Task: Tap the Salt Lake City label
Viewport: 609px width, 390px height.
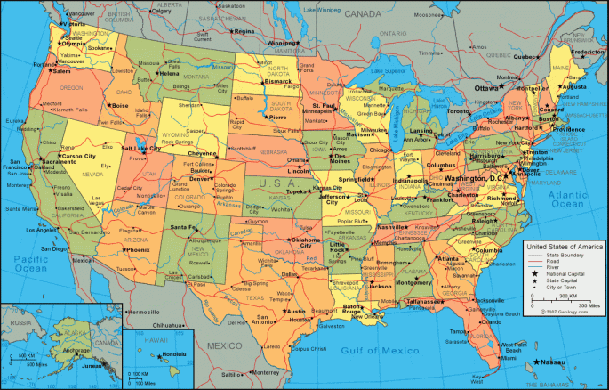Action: pos(140,149)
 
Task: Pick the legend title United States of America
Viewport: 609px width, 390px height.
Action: pos(563,246)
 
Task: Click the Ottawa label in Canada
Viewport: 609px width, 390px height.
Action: pos(486,89)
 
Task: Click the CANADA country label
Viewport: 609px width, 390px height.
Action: pos(362,15)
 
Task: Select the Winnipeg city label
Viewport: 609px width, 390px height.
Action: pos(284,43)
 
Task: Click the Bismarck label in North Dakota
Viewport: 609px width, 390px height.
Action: pos(277,81)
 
